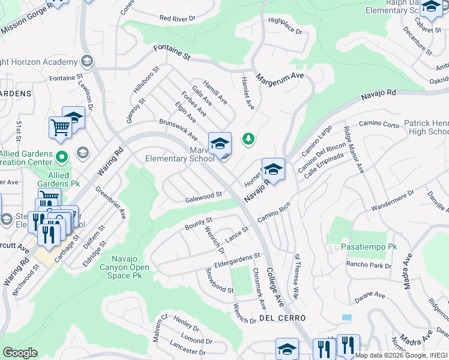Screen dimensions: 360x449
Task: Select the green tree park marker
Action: click(x=248, y=139)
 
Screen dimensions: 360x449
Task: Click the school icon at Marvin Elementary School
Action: click(x=220, y=143)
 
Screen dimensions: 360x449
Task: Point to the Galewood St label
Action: click(x=204, y=195)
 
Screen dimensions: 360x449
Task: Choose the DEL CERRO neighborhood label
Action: click(x=283, y=317)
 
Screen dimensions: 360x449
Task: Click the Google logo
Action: click(x=20, y=353)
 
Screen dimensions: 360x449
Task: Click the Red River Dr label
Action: click(x=178, y=19)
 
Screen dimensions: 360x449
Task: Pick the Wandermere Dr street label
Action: click(x=393, y=202)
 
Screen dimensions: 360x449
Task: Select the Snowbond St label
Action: click(x=220, y=280)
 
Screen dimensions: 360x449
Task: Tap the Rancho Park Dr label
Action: click(x=368, y=265)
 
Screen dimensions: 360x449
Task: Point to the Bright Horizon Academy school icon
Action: click(x=86, y=62)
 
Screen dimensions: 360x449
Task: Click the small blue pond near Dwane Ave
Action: click(x=346, y=317)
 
